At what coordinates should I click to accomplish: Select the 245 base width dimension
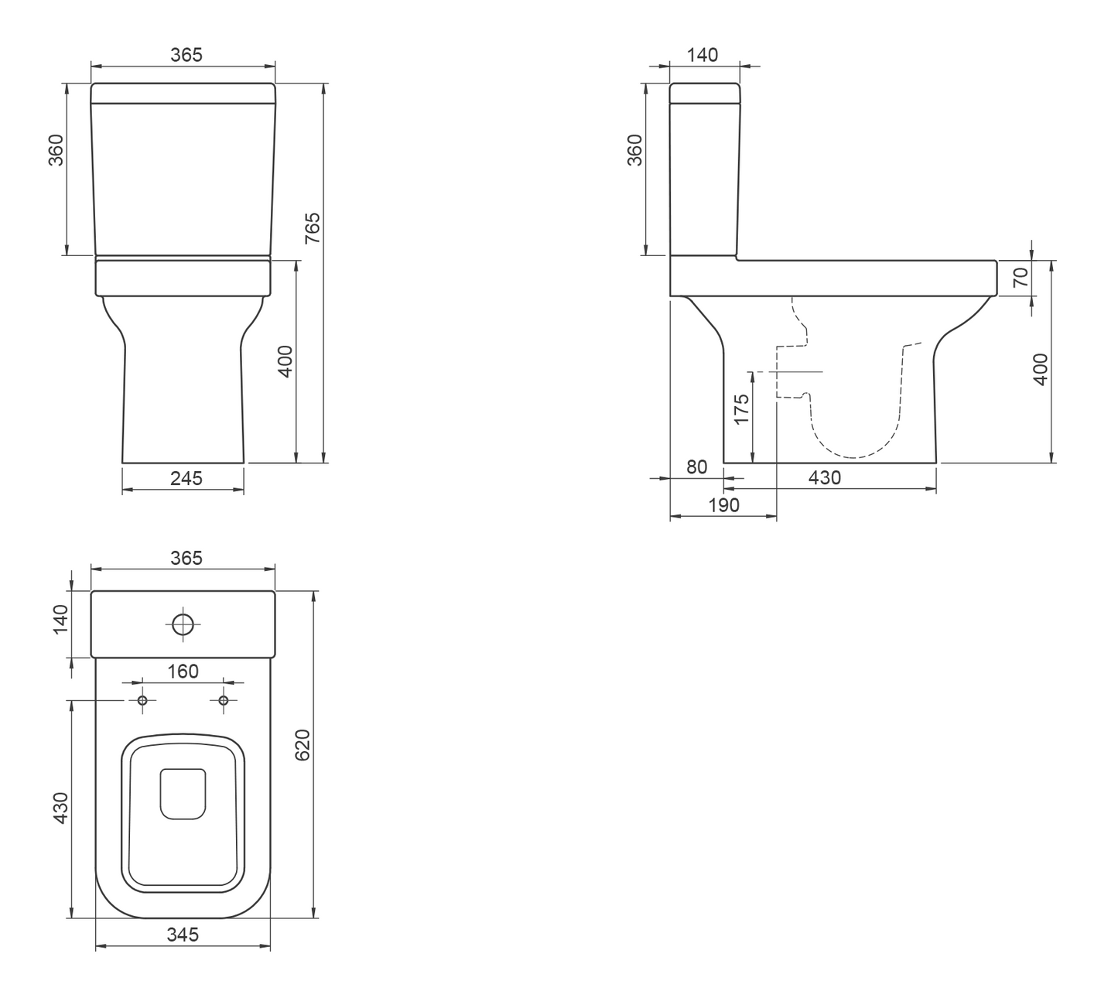186,478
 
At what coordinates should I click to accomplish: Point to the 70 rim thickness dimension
1021,277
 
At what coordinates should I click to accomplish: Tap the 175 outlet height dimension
742,409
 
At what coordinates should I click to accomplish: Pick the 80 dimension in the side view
697,467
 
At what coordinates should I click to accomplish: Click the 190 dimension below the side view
723,505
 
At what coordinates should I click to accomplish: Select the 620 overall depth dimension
303,744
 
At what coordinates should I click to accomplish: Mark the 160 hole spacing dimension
183,672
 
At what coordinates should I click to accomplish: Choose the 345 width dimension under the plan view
183,935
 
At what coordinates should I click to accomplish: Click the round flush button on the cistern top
183,624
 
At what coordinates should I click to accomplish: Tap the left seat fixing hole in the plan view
142,701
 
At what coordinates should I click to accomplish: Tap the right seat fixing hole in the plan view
224,701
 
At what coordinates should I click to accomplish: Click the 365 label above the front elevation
186,55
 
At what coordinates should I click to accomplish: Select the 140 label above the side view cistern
703,55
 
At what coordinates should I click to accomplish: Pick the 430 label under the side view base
824,478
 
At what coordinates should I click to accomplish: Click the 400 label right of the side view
1041,369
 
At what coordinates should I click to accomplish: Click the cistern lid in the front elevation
183,92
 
